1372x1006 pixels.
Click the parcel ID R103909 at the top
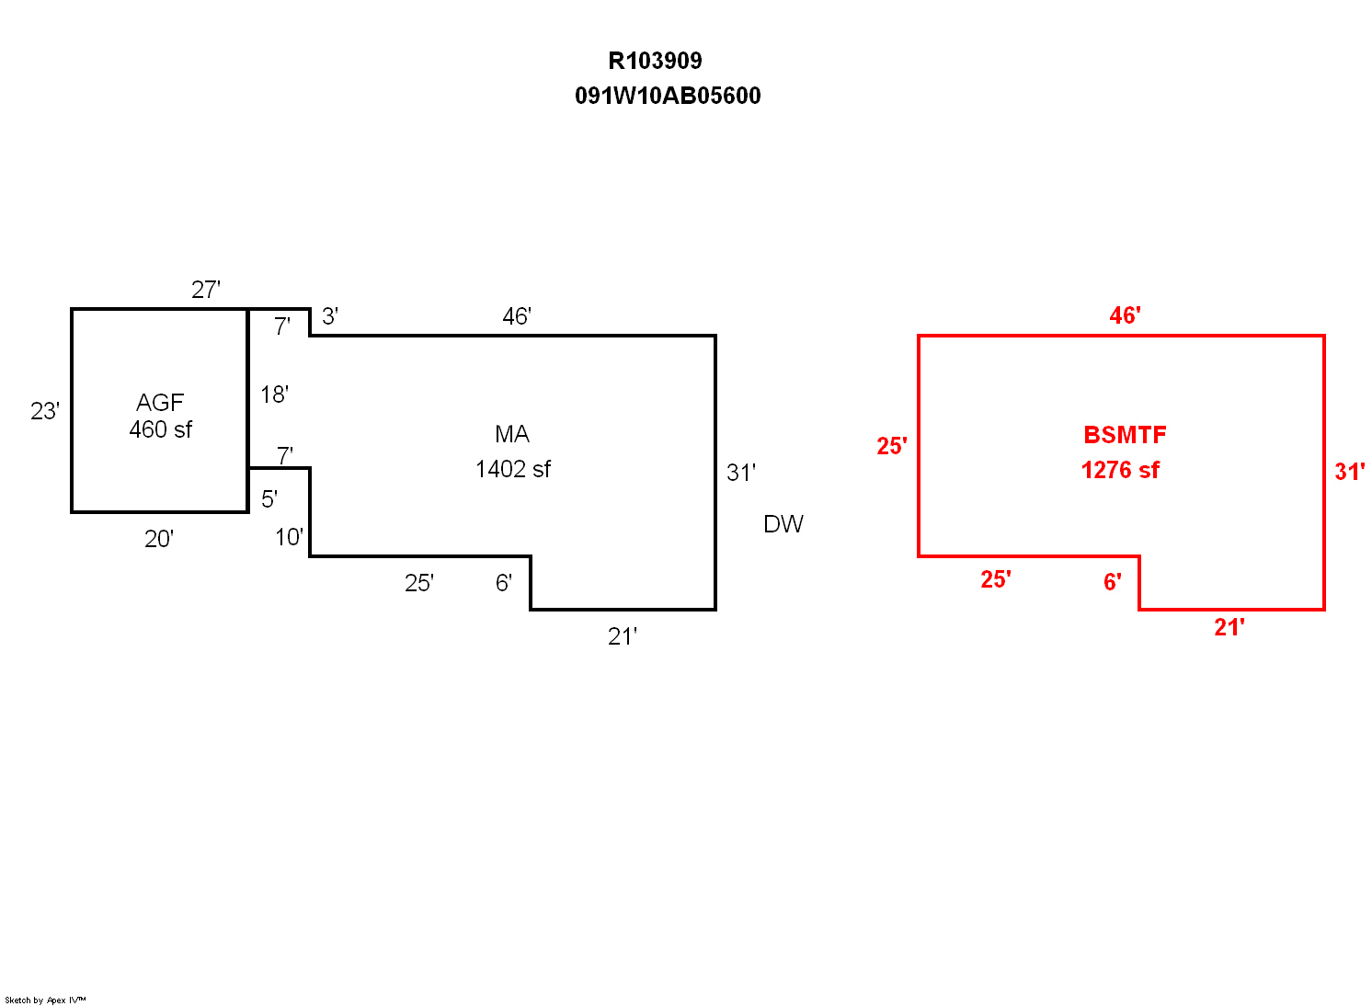pos(655,61)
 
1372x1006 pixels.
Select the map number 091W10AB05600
pos(668,96)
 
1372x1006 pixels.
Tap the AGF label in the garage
pos(160,402)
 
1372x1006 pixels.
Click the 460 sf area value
pos(161,429)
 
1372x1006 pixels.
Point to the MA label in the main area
pos(512,434)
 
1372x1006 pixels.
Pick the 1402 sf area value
pos(513,469)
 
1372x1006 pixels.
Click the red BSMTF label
pos(1125,435)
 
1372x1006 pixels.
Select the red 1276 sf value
pos(1120,470)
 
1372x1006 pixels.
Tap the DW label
pos(783,524)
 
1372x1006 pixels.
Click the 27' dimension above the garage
pos(206,290)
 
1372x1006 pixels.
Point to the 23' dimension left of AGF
pos(45,411)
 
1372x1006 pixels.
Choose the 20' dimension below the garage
pos(159,539)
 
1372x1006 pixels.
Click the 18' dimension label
pos(274,394)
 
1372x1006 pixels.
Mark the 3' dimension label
pos(330,316)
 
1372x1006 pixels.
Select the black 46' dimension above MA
pos(517,316)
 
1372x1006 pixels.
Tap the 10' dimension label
pos(289,537)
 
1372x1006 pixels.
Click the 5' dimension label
pos(269,499)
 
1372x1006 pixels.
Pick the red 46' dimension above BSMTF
pos(1125,315)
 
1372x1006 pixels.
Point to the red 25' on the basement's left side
pos(892,446)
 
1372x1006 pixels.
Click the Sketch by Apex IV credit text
pos(45,1000)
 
